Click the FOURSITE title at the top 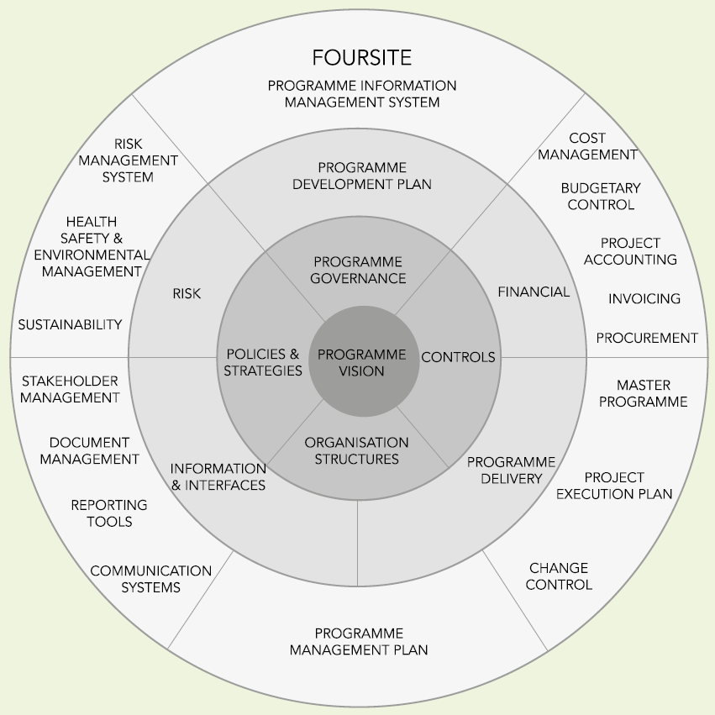[x=361, y=57]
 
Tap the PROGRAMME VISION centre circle [x=362, y=362]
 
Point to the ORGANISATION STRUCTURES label [x=357, y=450]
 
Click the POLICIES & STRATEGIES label [x=263, y=362]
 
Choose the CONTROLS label [x=458, y=357]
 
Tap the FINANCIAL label [x=534, y=292]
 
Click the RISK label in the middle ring [x=187, y=294]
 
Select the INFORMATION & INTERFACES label [x=218, y=476]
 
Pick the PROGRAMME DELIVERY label [x=511, y=471]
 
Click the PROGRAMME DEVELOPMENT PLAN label [x=362, y=176]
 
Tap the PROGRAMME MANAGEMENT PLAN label [x=359, y=641]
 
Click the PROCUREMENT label [x=647, y=338]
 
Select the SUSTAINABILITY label [x=71, y=324]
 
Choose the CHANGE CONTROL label [x=559, y=576]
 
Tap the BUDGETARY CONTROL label [x=601, y=197]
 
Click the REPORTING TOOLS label [x=108, y=513]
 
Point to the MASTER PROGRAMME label [x=644, y=393]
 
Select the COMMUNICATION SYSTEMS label [x=151, y=579]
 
